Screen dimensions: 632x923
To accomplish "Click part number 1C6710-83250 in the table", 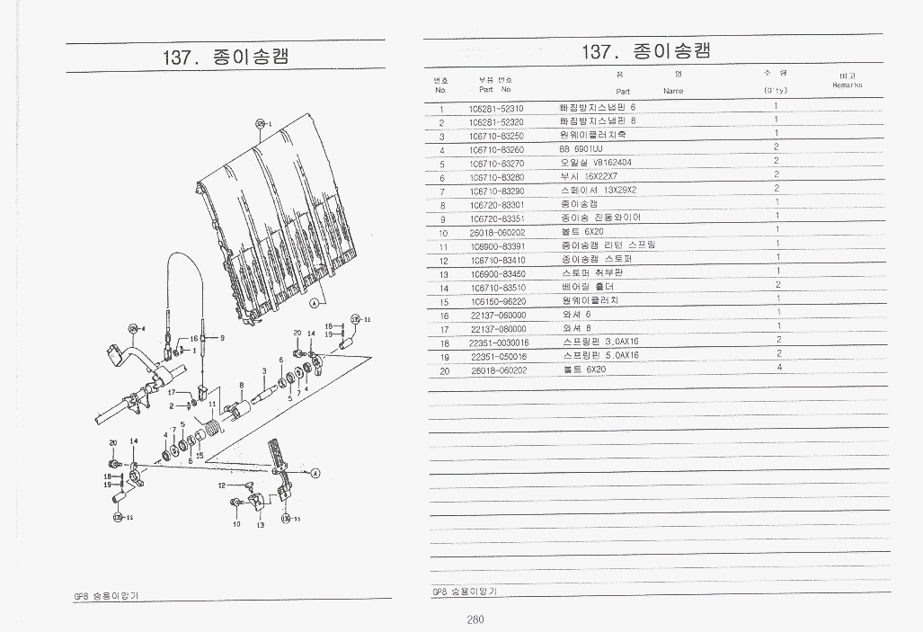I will tap(496, 136).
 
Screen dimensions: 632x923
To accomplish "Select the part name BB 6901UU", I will tap(581, 149).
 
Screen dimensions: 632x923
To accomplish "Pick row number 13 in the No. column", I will tap(443, 274).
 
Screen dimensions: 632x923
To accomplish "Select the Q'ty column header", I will tap(775, 90).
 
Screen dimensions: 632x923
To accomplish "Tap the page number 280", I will tap(475, 619).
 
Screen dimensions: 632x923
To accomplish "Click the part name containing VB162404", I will tap(596, 163).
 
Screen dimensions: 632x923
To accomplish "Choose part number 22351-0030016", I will tap(499, 343).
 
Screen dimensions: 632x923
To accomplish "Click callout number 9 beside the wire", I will tap(222, 337).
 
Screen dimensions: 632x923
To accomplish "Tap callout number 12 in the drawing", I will tap(221, 485).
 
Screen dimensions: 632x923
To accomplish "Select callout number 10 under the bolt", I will tap(236, 524).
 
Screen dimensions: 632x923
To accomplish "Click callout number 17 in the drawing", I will tap(172, 392).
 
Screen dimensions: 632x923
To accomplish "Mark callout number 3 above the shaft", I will tap(263, 370).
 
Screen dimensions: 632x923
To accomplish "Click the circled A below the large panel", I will tap(314, 304).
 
